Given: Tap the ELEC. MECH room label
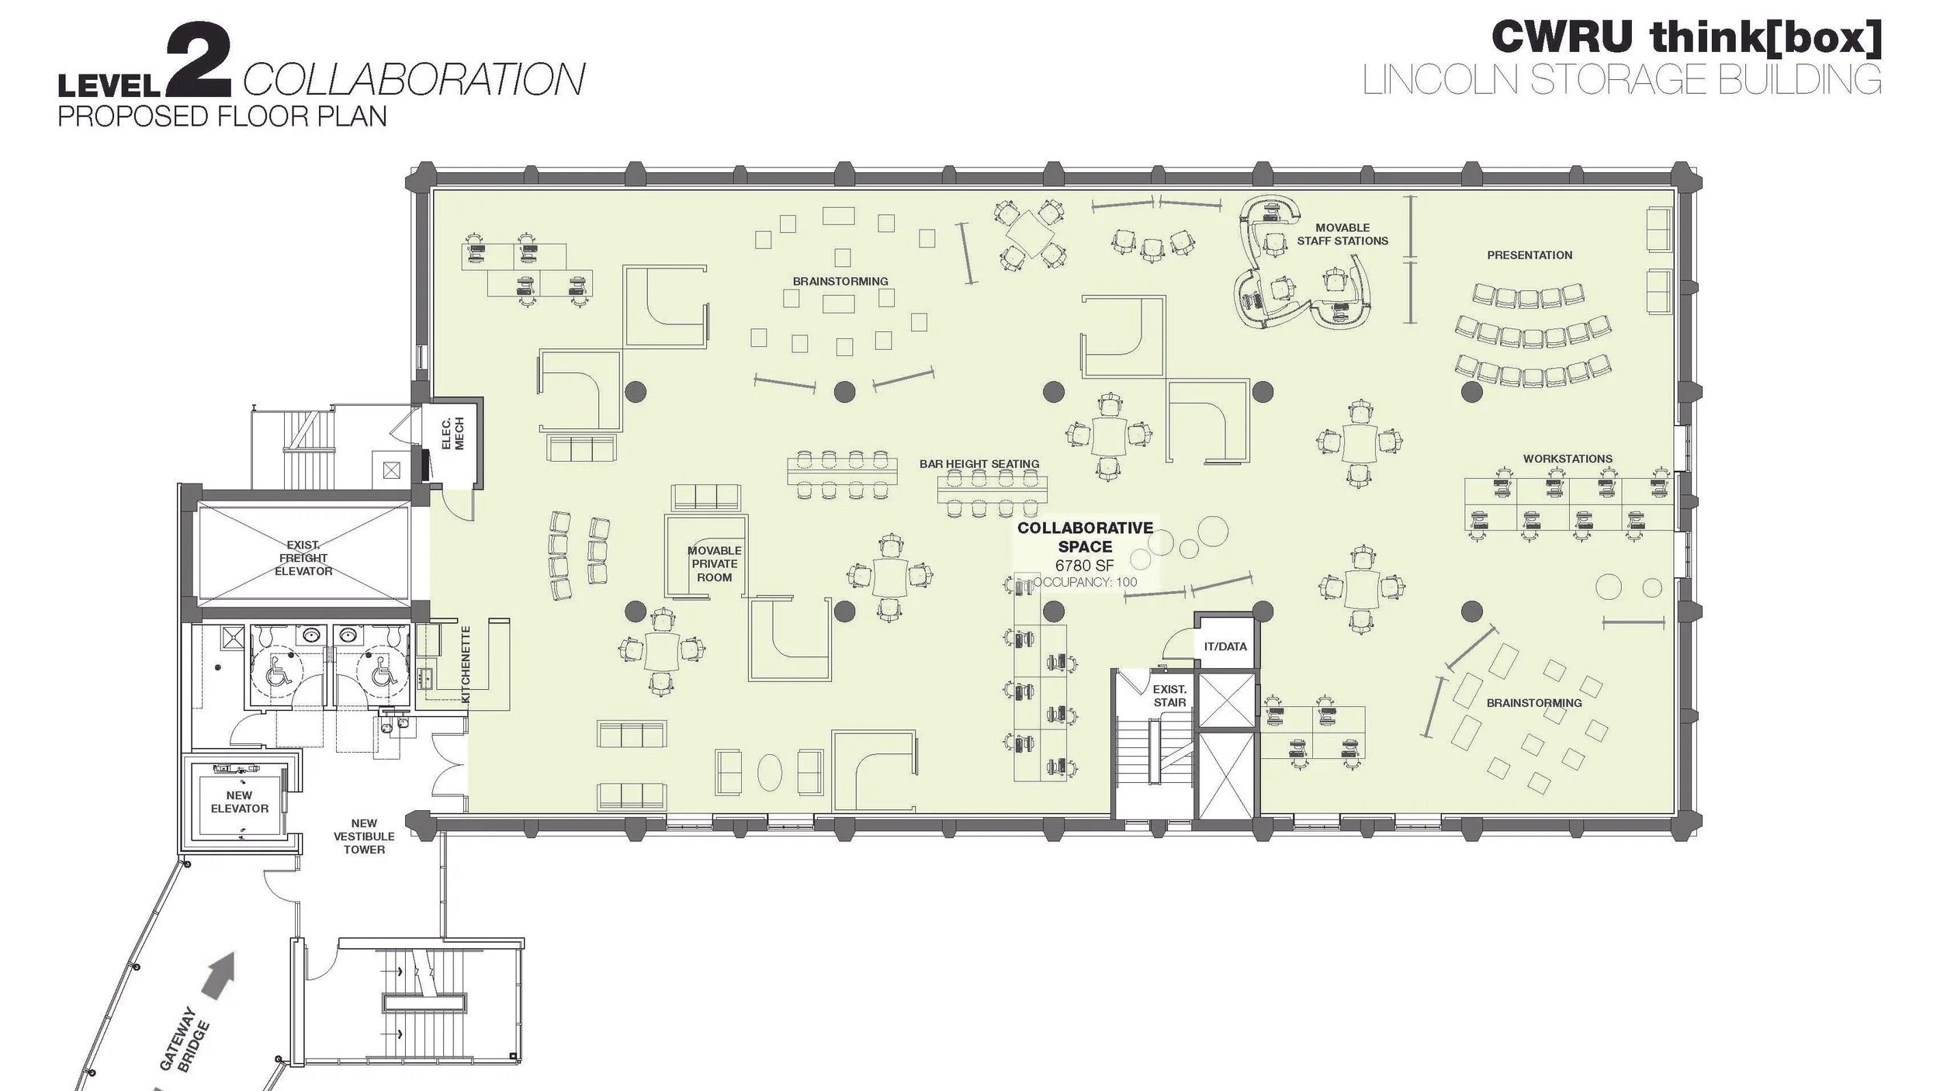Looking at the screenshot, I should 452,434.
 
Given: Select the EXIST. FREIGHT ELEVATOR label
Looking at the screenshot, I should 303,558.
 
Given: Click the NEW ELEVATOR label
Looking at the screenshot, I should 239,802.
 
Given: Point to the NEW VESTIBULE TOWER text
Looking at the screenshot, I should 364,836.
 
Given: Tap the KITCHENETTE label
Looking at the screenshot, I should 466,664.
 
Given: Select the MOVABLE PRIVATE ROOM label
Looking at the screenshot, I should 714,564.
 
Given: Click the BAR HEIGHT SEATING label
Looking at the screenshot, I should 979,464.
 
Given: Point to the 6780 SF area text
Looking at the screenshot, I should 1084,566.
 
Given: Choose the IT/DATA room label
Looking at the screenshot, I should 1225,646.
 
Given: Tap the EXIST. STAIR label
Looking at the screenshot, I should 1169,695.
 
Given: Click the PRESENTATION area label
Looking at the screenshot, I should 1529,255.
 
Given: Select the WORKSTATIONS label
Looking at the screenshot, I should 1568,459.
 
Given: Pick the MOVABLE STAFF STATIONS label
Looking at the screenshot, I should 1342,234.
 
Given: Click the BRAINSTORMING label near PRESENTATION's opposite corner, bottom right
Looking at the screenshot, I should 1534,703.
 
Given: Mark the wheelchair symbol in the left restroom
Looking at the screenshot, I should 278,673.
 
